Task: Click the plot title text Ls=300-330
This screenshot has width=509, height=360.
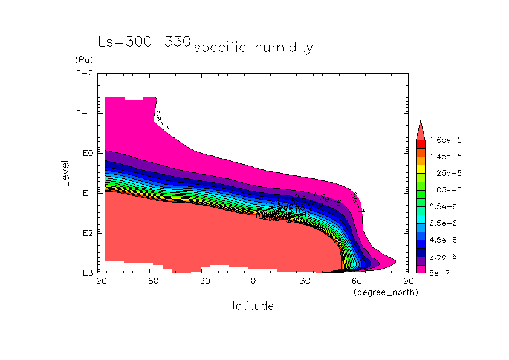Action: point(144,42)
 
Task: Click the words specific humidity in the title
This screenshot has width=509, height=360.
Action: point(253,48)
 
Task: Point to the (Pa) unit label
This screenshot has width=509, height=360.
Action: point(84,61)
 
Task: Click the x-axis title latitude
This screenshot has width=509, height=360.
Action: point(253,306)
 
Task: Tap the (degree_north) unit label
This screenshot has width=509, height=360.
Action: point(385,292)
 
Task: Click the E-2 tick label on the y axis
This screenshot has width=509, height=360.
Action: point(84,74)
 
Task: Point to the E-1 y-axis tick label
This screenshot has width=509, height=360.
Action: point(84,114)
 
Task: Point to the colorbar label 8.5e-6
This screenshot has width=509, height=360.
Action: point(442,206)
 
